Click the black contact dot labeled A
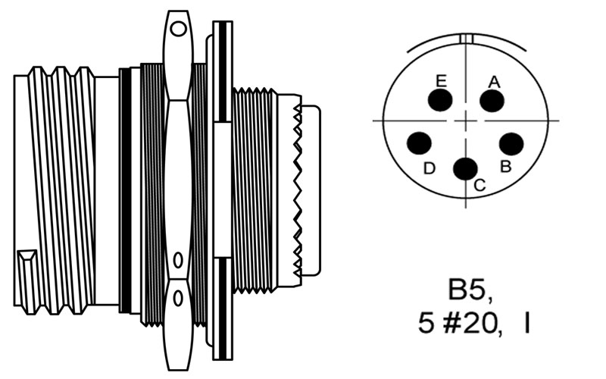(492, 101)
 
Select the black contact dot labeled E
(440, 100)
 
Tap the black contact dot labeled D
(419, 143)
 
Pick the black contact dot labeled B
(511, 144)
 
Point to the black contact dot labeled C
(465, 168)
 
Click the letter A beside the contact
(495, 82)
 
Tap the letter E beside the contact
(441, 81)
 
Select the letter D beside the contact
(430, 168)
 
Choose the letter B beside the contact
(505, 166)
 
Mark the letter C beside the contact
(479, 185)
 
